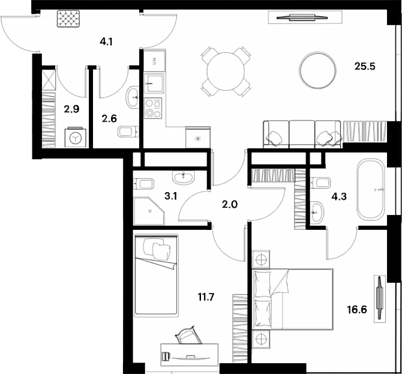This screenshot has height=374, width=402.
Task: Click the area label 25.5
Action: click(x=364, y=67)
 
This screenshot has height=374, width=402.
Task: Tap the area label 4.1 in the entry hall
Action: click(x=106, y=42)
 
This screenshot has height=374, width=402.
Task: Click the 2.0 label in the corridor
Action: click(x=230, y=204)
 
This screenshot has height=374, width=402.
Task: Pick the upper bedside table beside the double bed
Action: click(x=260, y=261)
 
